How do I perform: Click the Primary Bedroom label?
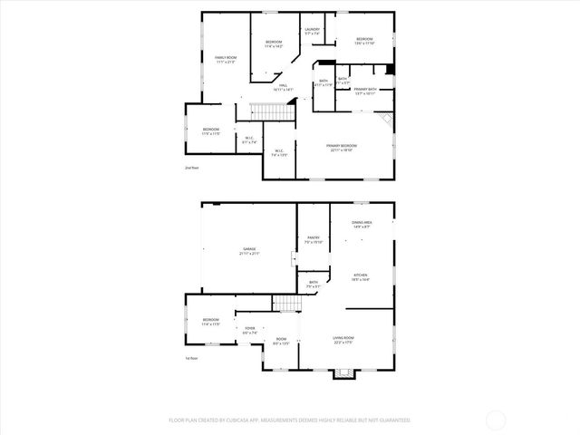tap(342, 148)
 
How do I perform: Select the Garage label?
tap(248, 251)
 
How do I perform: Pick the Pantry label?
tap(314, 240)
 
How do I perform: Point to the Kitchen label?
tap(360, 277)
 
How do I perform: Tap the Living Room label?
tap(343, 339)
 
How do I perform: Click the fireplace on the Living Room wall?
tap(343, 372)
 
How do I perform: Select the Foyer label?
tap(249, 330)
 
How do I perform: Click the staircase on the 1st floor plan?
tap(286, 304)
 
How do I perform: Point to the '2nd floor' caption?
tap(190, 168)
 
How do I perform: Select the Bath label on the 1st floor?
tap(313, 285)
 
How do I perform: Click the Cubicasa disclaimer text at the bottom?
tap(290, 420)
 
